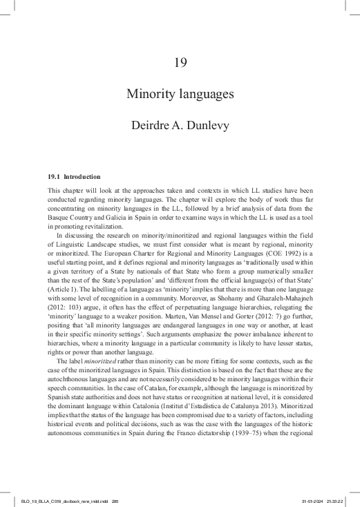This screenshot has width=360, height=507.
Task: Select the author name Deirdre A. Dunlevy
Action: click(x=180, y=126)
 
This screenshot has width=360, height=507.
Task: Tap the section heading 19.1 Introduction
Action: click(x=74, y=176)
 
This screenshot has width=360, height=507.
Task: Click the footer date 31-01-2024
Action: click(x=314, y=499)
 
